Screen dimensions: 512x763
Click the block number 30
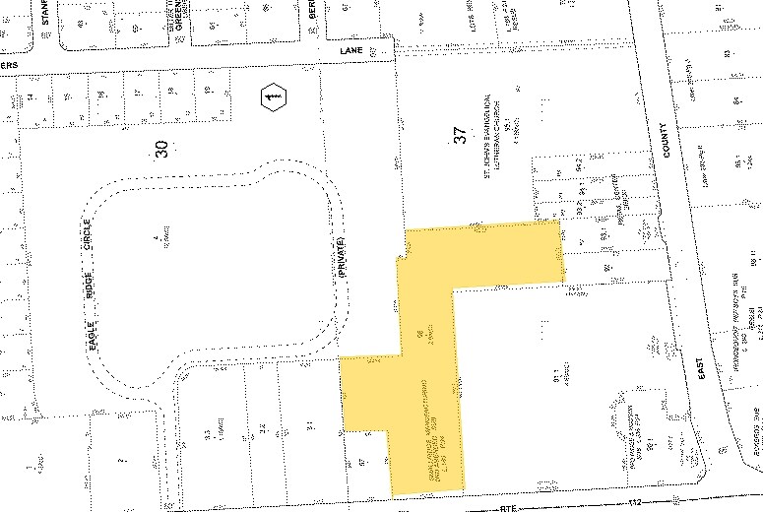161,149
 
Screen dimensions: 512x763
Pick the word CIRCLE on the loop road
88,235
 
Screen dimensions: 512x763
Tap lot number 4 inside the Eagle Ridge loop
154,239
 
